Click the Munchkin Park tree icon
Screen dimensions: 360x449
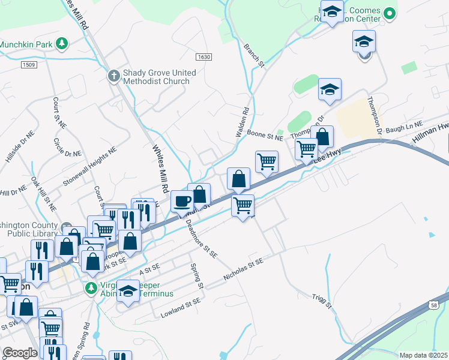[x=61, y=43]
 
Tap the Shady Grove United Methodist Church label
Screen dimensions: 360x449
[x=159, y=77]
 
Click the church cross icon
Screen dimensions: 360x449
[x=113, y=76]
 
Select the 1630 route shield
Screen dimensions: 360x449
[x=203, y=56]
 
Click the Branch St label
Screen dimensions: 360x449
[x=255, y=55]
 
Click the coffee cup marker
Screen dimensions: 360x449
[x=181, y=202]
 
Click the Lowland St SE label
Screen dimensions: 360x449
[x=180, y=309]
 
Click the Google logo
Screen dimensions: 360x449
[x=20, y=353]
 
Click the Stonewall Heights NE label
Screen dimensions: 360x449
[x=89, y=169]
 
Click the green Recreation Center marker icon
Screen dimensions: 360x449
[x=390, y=13]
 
